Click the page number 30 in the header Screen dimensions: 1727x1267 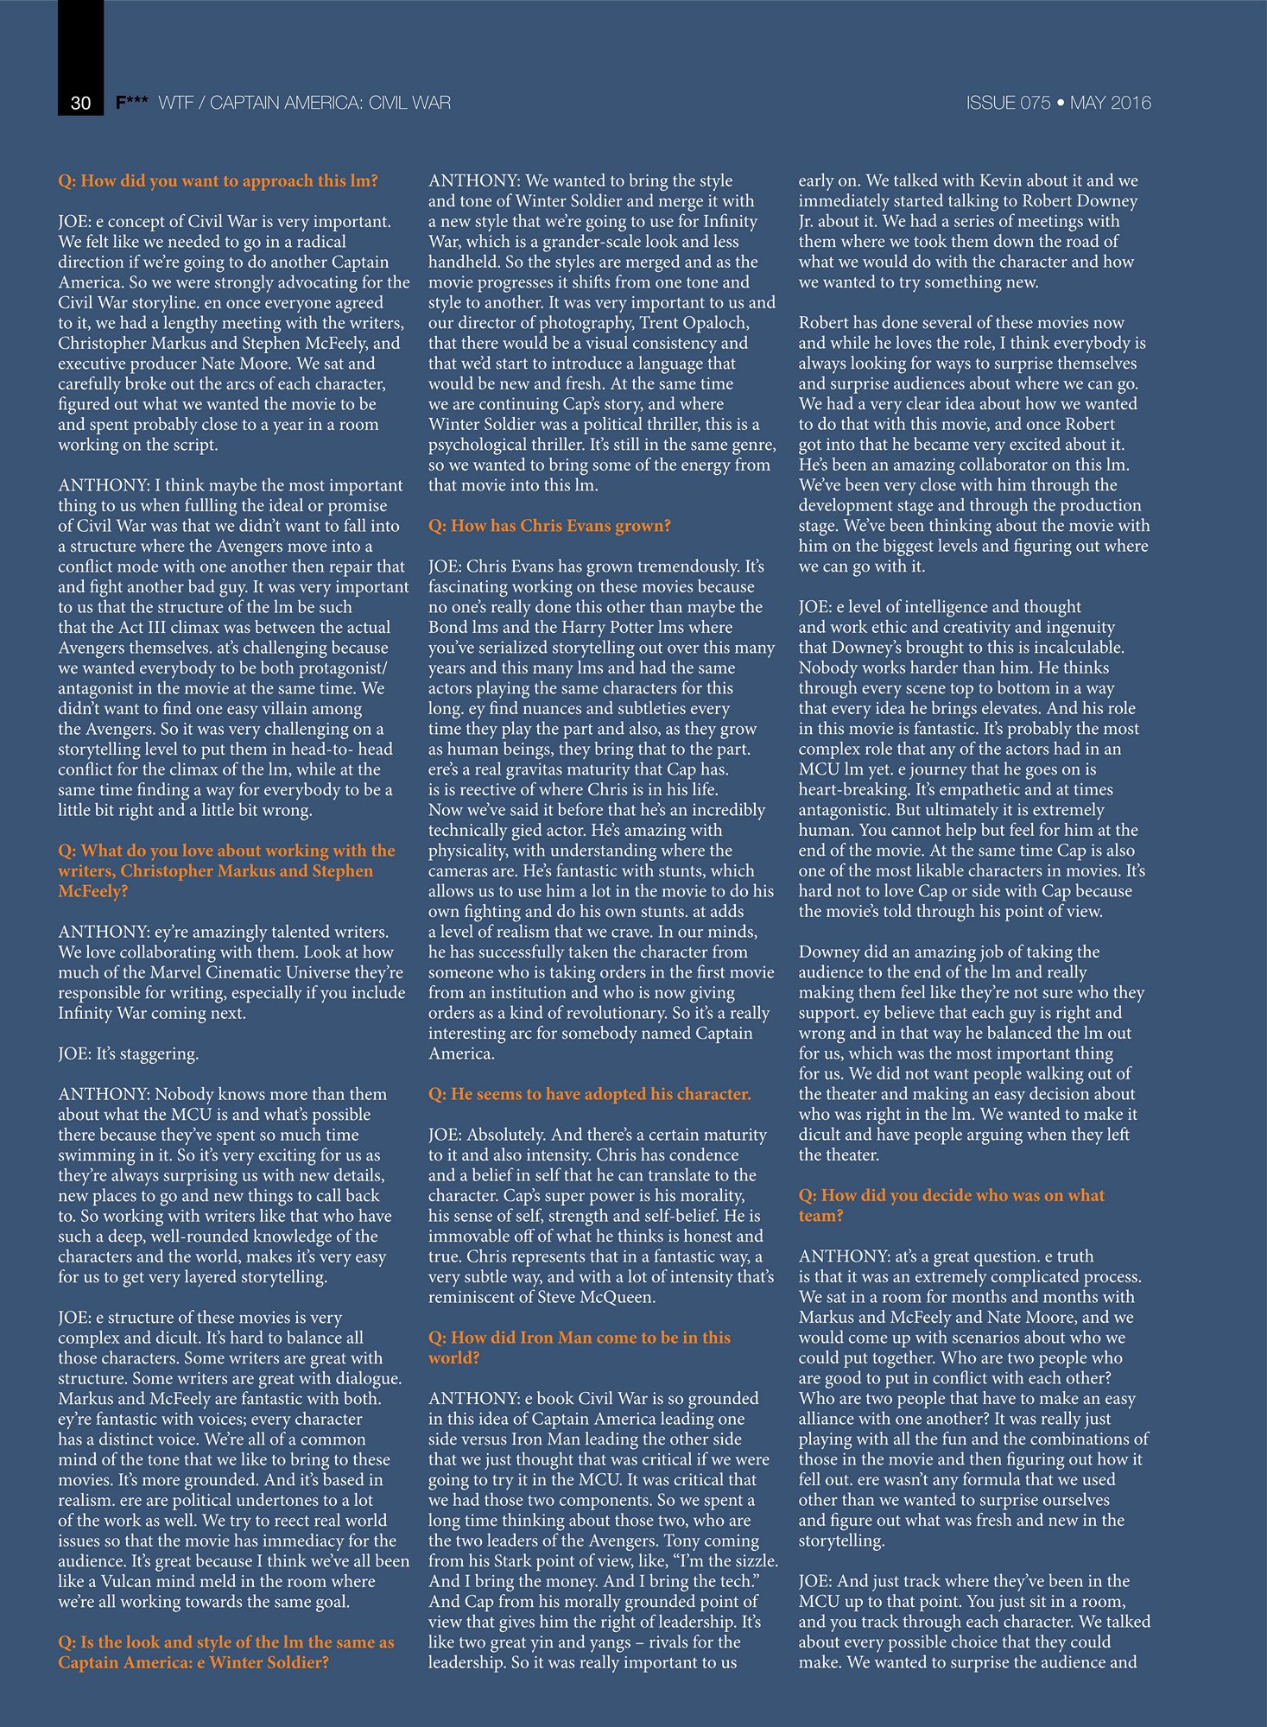pyautogui.click(x=80, y=103)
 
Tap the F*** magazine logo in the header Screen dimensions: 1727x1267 pyautogui.click(x=131, y=103)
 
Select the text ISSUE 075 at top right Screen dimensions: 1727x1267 pyautogui.click(x=1007, y=103)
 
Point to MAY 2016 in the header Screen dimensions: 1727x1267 pyautogui.click(x=1110, y=103)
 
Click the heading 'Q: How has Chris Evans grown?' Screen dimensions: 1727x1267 pyautogui.click(x=549, y=526)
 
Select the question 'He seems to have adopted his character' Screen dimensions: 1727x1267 pyautogui.click(x=590, y=1094)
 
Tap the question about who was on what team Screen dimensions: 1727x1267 pyautogui.click(x=951, y=1205)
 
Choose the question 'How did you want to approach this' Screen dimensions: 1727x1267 pyautogui.click(x=218, y=180)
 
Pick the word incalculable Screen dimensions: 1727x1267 pyautogui.click(x=1071, y=648)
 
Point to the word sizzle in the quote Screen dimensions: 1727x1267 pyautogui.click(x=751, y=1561)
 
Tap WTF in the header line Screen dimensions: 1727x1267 pyautogui.click(x=176, y=103)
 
